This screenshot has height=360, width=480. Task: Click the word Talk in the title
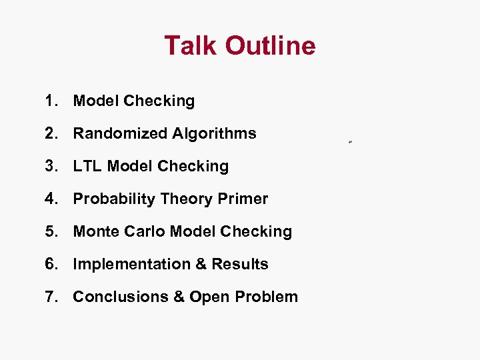191,45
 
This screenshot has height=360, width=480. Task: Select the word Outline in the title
270,45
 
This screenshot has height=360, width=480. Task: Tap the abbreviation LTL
87,166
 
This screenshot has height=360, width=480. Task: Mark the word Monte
95,231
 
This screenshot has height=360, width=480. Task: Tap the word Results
240,264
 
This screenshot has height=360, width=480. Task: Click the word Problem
267,297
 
